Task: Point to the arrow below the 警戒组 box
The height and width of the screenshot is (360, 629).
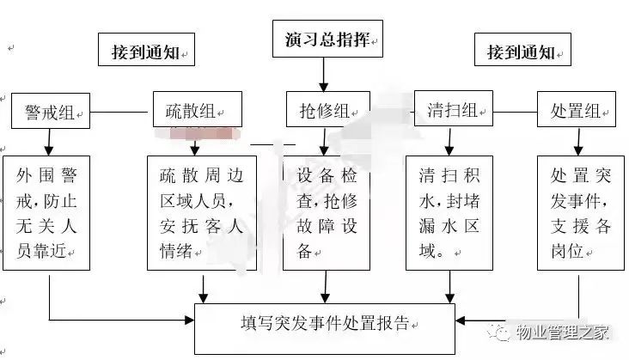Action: coord(49,143)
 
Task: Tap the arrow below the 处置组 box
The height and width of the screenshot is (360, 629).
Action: coord(578,142)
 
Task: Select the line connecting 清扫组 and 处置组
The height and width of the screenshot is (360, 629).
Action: coord(515,112)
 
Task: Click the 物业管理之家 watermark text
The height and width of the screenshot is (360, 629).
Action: coord(562,333)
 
